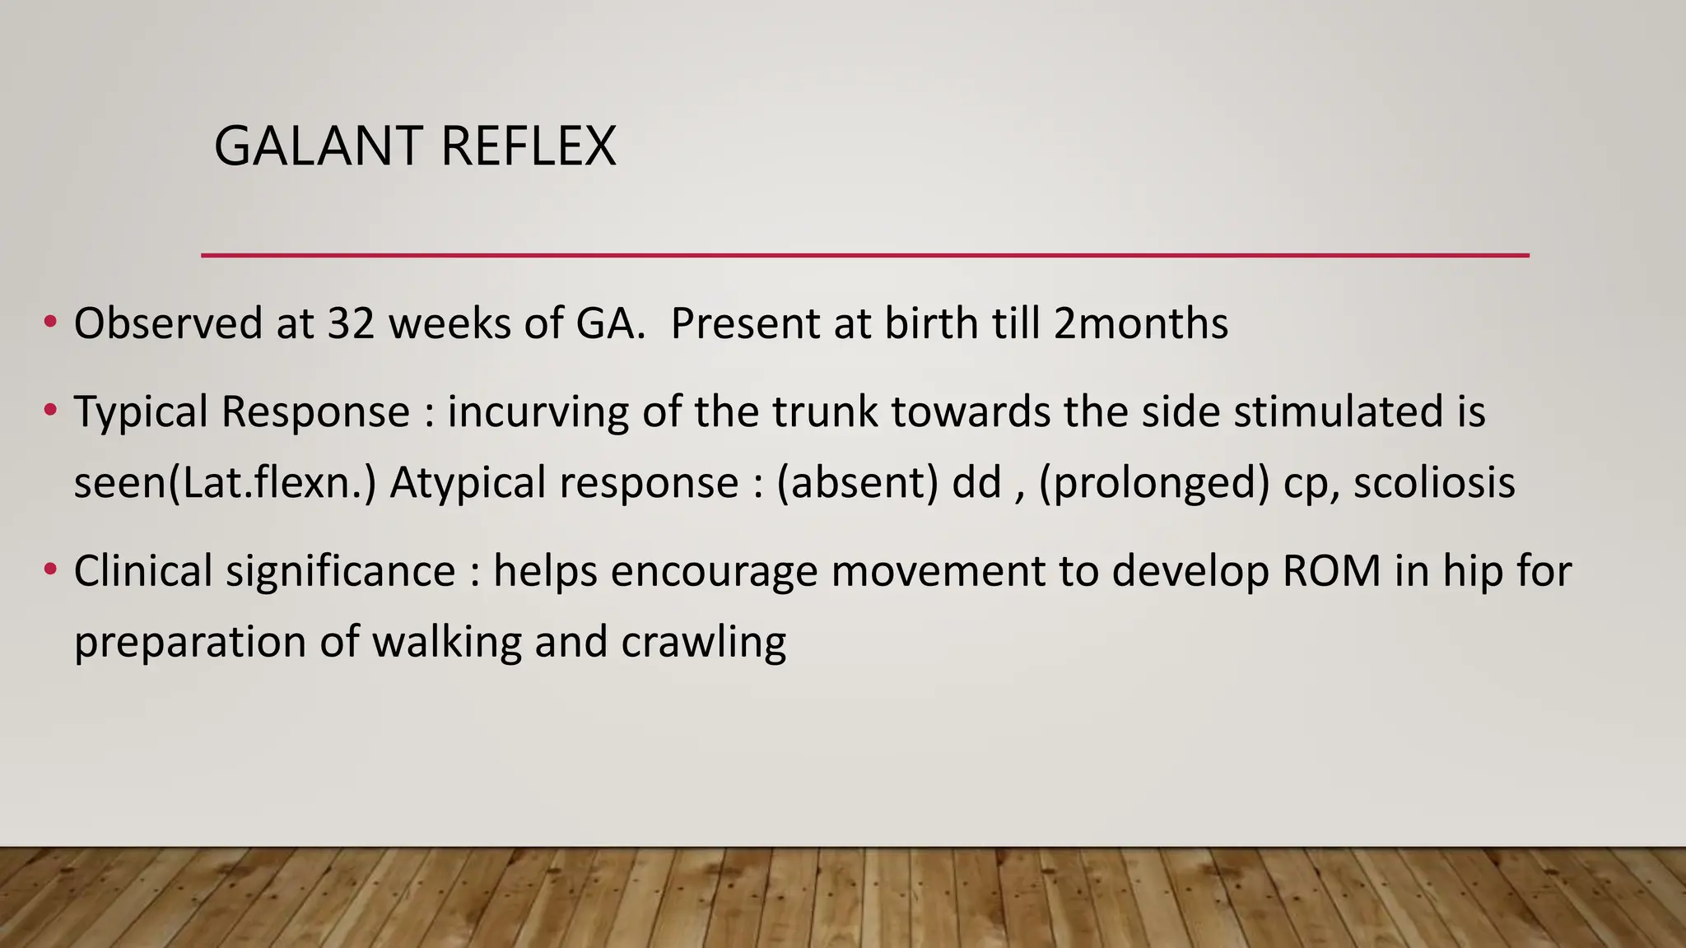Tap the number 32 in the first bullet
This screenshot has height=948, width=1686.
(352, 323)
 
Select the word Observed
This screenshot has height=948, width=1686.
(168, 323)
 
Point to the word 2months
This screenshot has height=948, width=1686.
(1141, 323)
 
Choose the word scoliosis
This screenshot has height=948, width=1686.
(1434, 482)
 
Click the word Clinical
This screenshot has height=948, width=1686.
(142, 571)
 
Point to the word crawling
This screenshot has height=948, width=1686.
(704, 643)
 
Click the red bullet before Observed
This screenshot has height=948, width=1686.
(51, 322)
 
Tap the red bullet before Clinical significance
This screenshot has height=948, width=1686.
(51, 569)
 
